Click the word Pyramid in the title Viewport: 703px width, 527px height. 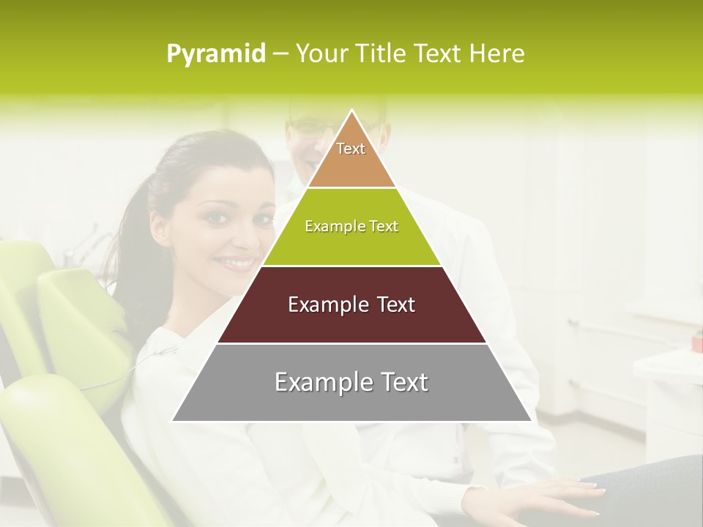click(x=216, y=54)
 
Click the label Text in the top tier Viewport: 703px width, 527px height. click(x=351, y=149)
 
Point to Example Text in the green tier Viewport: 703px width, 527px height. click(x=351, y=226)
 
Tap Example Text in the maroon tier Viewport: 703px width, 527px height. click(x=351, y=304)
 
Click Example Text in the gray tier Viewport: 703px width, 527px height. click(x=351, y=382)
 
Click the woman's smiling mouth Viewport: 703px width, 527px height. click(x=239, y=261)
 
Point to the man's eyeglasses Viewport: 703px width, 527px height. click(x=311, y=126)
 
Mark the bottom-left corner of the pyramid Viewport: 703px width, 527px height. click(x=173, y=421)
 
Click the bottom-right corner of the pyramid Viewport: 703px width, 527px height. click(x=531, y=421)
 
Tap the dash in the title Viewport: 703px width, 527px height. click(x=280, y=54)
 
